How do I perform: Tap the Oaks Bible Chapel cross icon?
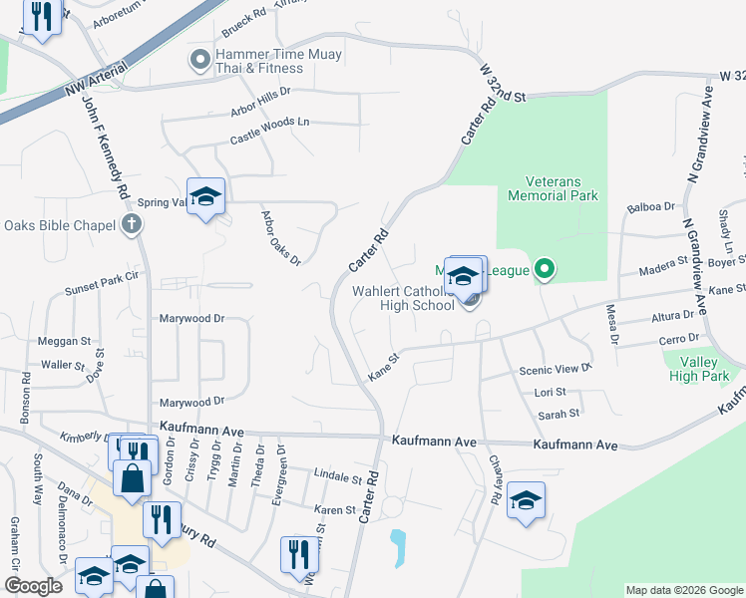(x=131, y=224)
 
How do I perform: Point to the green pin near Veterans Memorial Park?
(x=544, y=269)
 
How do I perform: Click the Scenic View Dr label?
(x=556, y=369)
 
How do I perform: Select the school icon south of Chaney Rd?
(x=526, y=501)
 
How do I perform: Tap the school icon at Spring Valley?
(x=205, y=197)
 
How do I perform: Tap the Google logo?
(x=34, y=586)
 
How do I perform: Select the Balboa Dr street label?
(x=650, y=208)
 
